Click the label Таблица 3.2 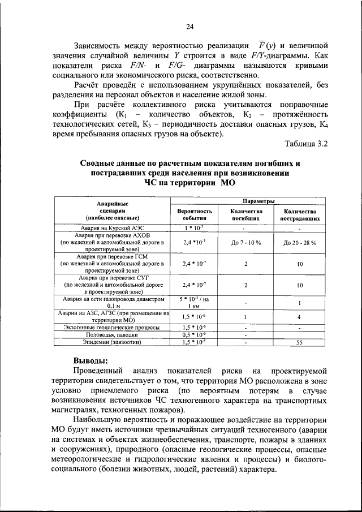306,144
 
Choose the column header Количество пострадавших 299,214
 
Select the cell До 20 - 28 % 299,242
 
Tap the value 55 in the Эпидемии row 299,342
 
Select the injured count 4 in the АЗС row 299,317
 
